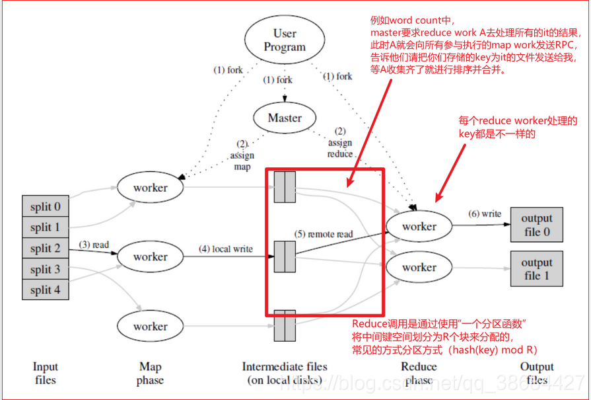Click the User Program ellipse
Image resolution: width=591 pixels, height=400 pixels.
pyautogui.click(x=285, y=40)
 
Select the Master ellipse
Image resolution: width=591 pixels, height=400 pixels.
pyautogui.click(x=285, y=118)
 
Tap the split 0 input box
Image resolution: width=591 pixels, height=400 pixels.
pyautogui.click(x=45, y=206)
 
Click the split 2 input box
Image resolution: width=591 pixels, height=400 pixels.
pyautogui.click(x=45, y=249)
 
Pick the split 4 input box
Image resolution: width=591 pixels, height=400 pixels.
pyautogui.click(x=45, y=290)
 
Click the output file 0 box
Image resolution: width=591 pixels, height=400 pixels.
pyautogui.click(x=536, y=225)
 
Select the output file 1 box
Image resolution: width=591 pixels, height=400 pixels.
pyautogui.click(x=536, y=268)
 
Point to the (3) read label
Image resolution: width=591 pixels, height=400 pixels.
pyautogui.click(x=94, y=245)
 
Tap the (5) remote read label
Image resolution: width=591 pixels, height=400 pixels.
pyautogui.click(x=324, y=234)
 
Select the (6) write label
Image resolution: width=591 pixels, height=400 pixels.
pyautogui.click(x=485, y=214)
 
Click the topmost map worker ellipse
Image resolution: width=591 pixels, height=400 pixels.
pyautogui.click(x=151, y=188)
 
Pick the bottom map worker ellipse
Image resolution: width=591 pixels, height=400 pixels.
pyautogui.click(x=151, y=326)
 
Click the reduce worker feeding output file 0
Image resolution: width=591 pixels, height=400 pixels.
pyautogui.click(x=419, y=226)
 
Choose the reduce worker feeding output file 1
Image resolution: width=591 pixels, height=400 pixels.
pyautogui.click(x=419, y=267)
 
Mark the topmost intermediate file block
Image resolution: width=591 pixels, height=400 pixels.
pyautogui.click(x=285, y=186)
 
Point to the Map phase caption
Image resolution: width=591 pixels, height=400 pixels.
pyautogui.click(x=151, y=373)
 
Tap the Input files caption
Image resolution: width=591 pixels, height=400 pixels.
pyautogui.click(x=46, y=373)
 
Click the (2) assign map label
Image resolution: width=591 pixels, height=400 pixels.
pyautogui.click(x=242, y=155)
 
